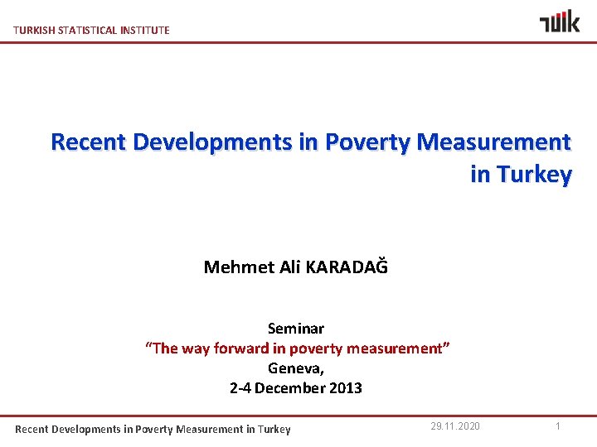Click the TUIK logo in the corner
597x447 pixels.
(x=560, y=21)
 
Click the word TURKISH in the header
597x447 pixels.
(x=34, y=30)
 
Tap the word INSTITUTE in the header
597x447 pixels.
(x=144, y=30)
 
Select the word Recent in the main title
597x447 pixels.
(x=88, y=142)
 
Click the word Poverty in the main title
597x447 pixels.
(x=366, y=142)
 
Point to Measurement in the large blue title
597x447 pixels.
(x=494, y=142)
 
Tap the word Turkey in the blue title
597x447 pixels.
(x=533, y=175)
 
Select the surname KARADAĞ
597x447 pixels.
(x=347, y=267)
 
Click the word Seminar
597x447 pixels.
(x=296, y=329)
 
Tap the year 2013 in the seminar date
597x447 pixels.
(x=345, y=388)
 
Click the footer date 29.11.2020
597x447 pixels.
(x=454, y=425)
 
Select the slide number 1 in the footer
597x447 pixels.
(x=559, y=425)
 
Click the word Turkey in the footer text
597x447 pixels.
(x=274, y=429)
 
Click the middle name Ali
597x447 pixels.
(x=290, y=267)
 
